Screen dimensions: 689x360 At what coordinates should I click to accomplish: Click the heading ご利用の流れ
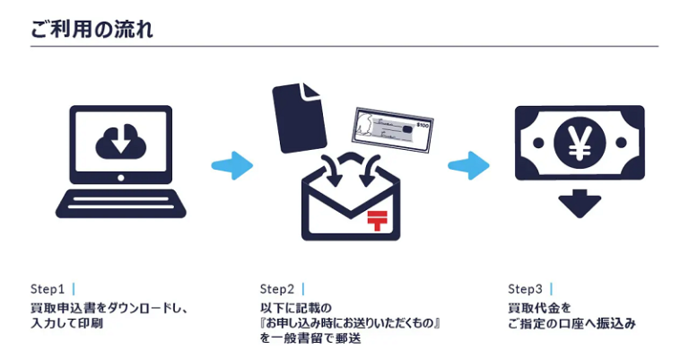coord(92,30)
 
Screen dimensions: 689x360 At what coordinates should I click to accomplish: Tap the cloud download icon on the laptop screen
coord(121,141)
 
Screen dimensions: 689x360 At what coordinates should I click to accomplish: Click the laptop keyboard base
coord(121,204)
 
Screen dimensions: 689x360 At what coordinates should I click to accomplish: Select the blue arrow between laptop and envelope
coord(232,165)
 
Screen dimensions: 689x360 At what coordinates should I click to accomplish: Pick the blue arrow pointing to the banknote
coord(468,165)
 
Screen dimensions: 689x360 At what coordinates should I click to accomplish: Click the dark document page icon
coord(299,118)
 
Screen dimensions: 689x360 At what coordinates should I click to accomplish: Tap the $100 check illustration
coord(392,129)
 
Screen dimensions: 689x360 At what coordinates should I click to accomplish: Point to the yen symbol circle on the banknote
coord(580,143)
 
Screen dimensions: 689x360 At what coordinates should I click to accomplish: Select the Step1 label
coord(48,289)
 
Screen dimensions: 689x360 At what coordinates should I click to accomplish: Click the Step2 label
coord(277,289)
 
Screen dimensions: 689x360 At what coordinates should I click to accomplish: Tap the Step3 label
coord(525,289)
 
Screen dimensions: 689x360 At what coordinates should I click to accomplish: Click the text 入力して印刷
coord(66,323)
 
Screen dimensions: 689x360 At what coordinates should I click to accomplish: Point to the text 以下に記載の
coord(296,307)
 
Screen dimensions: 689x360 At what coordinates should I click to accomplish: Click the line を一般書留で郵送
coord(310,338)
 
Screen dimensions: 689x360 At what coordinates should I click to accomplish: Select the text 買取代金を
coord(539,307)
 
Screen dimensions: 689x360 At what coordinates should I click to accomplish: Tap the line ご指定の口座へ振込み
coord(571,323)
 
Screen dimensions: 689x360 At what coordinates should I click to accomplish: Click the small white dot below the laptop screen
coord(121,178)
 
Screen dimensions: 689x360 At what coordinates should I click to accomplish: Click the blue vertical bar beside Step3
coord(552,289)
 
